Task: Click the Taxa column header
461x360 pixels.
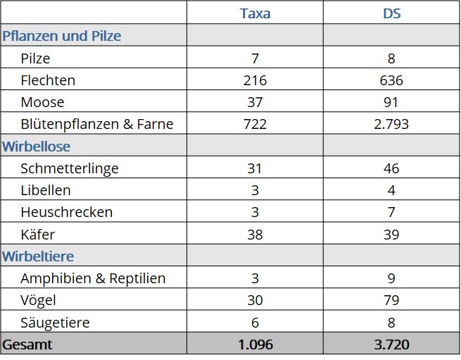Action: (x=255, y=13)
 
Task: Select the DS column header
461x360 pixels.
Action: (x=392, y=13)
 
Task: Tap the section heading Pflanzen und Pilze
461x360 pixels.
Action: (x=62, y=36)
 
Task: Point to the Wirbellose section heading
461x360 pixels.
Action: (x=37, y=147)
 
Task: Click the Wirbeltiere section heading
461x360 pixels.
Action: (x=38, y=256)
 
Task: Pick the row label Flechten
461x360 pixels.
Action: (x=48, y=80)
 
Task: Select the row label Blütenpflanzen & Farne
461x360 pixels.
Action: (x=97, y=124)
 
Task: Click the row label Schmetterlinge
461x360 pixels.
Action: (x=70, y=168)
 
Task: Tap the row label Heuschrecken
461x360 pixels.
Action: (x=67, y=212)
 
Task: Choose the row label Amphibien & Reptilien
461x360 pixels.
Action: (x=94, y=278)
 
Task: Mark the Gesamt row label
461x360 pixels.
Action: (x=27, y=345)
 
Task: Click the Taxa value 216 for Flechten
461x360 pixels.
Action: (x=255, y=80)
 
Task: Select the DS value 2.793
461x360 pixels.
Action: (x=392, y=124)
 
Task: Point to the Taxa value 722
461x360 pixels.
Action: (x=255, y=124)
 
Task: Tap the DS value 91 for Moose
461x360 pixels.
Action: (x=392, y=102)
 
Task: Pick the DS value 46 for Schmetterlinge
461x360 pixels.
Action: (x=392, y=168)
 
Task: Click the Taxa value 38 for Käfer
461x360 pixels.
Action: (x=255, y=234)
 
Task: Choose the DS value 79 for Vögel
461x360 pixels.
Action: (x=392, y=300)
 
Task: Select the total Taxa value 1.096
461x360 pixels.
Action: (x=255, y=345)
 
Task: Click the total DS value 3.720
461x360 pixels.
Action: (x=392, y=345)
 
